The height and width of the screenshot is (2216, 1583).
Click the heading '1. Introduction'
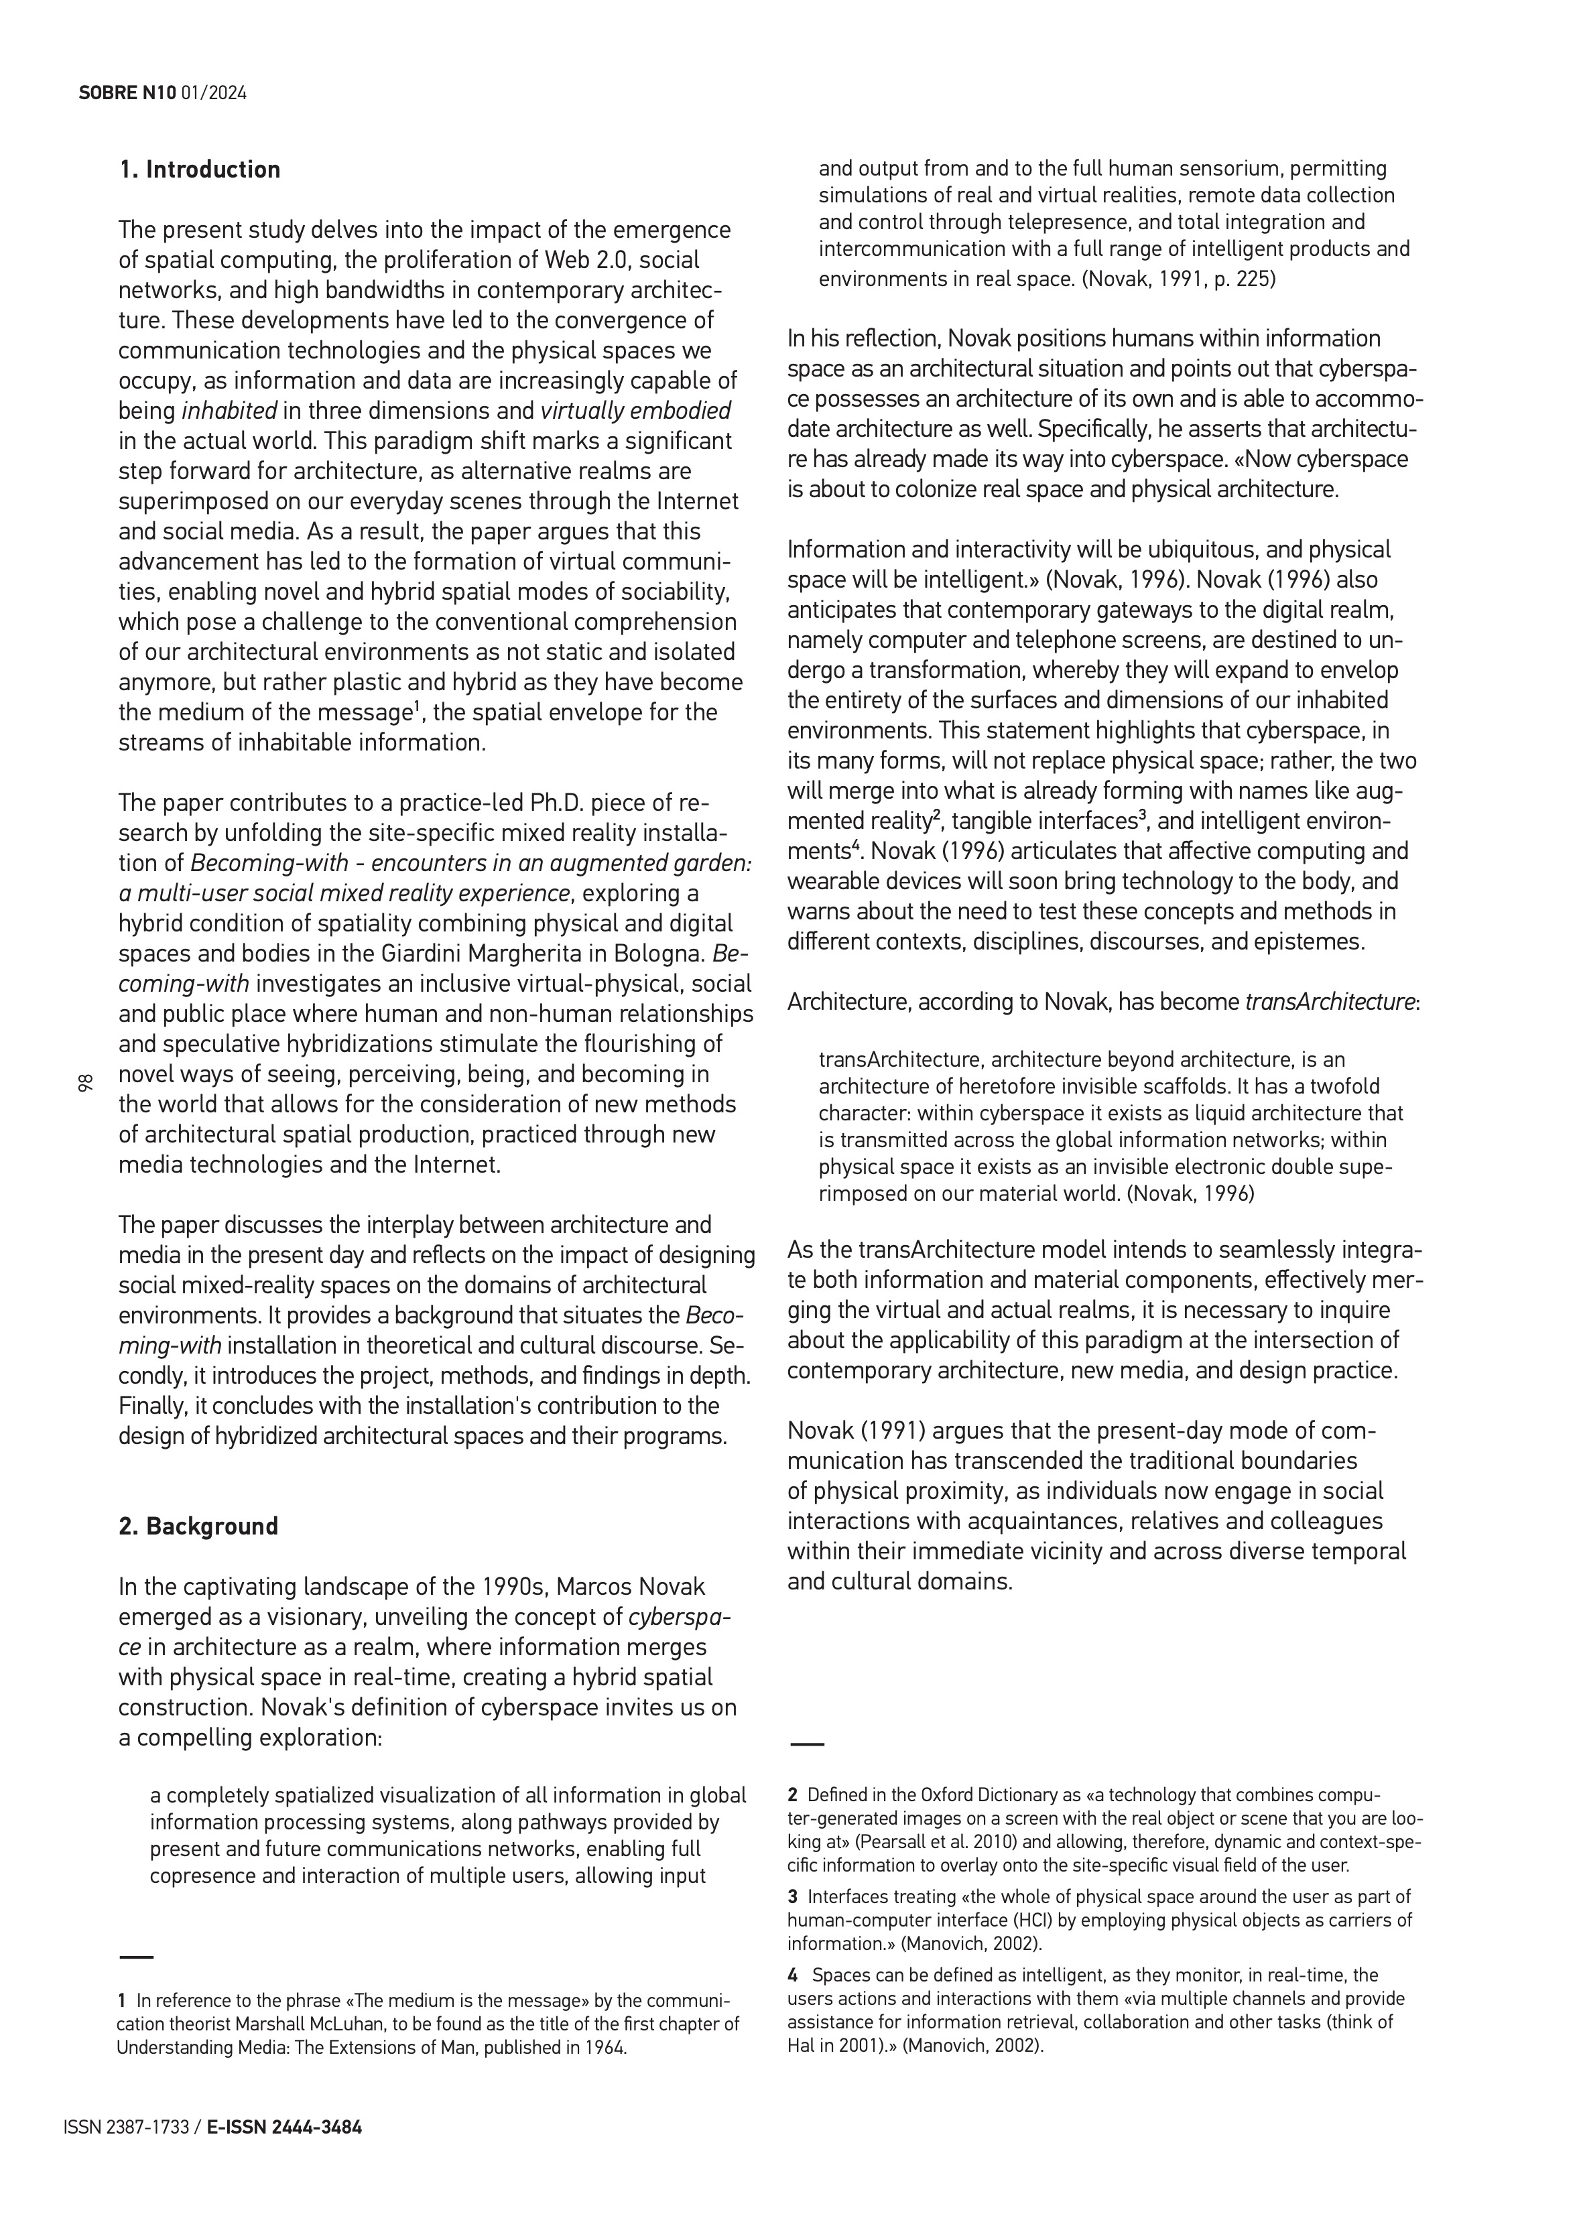click(x=199, y=170)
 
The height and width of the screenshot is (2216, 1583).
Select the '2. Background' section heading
click(x=198, y=1526)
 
